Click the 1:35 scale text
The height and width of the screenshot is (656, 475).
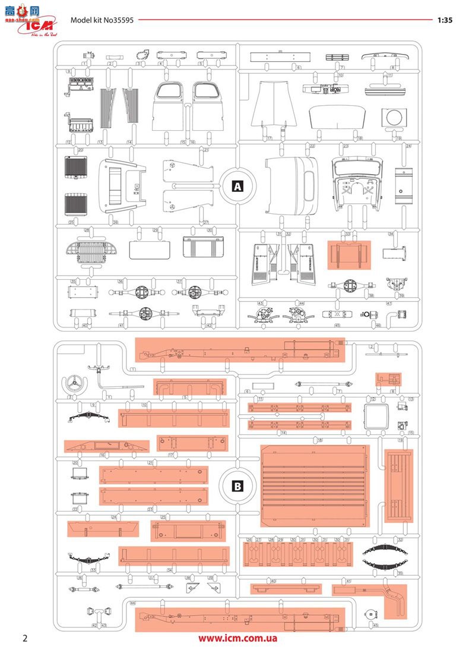444,20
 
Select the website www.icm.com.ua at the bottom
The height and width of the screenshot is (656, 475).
237,639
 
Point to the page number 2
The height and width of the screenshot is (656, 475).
25,638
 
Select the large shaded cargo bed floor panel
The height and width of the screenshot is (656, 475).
315,485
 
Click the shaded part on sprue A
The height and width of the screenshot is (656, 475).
349,254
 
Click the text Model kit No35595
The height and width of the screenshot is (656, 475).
102,20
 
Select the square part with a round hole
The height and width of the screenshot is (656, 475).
391,117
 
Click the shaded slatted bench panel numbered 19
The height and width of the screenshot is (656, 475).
394,486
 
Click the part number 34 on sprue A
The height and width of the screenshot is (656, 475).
391,234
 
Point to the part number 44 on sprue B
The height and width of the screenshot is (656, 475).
132,603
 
